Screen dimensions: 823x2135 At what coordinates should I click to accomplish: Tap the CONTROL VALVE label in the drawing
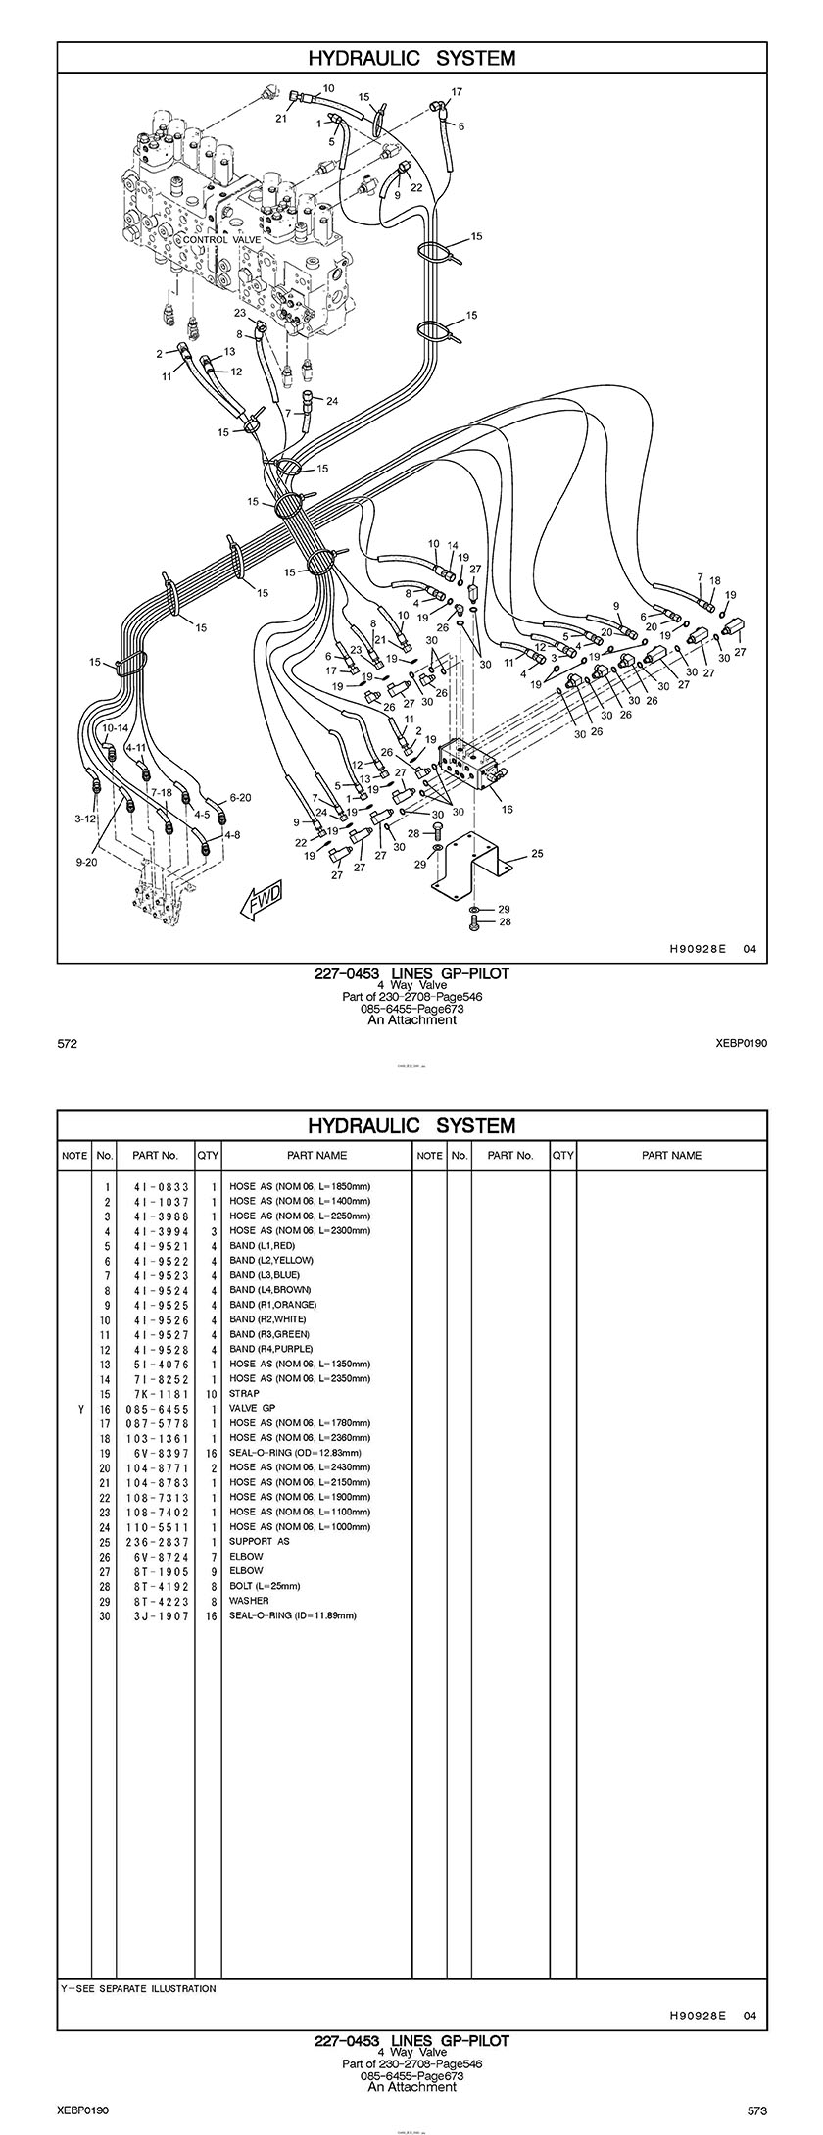220,239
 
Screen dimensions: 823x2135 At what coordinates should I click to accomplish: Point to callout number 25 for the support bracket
537,854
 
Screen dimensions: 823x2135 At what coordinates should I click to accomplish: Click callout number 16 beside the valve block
507,810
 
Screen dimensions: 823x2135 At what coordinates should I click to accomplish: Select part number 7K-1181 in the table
156,1393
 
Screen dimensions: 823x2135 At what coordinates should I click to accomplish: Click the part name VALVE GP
252,1408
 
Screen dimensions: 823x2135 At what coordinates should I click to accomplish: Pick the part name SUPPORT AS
259,1541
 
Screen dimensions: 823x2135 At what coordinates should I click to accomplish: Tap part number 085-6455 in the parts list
156,1408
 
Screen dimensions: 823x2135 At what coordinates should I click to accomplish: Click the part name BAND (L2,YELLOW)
271,1260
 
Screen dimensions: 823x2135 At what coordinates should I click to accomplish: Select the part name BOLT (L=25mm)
265,1586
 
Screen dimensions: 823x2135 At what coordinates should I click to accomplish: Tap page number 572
68,1044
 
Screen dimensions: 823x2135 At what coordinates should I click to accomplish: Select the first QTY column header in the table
208,1155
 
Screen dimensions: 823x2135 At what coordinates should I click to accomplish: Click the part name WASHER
249,1601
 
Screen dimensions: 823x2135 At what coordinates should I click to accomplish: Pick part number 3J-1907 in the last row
156,1615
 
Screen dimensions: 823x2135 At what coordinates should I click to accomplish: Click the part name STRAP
244,1393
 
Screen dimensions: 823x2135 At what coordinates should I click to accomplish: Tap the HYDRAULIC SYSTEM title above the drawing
411,59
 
